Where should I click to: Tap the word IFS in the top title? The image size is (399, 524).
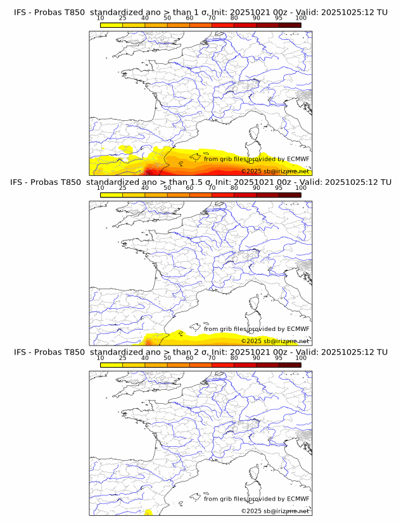pyautogui.click(x=20, y=12)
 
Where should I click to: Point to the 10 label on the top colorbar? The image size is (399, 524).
pyautogui.click(x=100, y=18)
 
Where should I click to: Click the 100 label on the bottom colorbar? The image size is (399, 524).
pyautogui.click(x=301, y=358)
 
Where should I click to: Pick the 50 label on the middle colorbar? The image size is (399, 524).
pyautogui.click(x=167, y=188)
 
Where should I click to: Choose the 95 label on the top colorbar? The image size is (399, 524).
pyautogui.click(x=279, y=18)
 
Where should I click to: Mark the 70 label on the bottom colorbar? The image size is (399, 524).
pyautogui.click(x=212, y=358)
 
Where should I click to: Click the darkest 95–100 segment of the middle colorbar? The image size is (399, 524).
pyautogui.click(x=289, y=194)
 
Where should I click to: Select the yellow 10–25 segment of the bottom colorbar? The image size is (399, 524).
pyautogui.click(x=111, y=365)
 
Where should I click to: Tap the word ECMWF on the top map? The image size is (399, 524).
pyautogui.click(x=298, y=159)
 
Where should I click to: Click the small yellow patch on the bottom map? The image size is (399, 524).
pyautogui.click(x=148, y=511)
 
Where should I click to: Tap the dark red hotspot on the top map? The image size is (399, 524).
pyautogui.click(x=149, y=171)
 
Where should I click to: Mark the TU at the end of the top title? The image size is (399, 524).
pyautogui.click(x=383, y=12)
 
